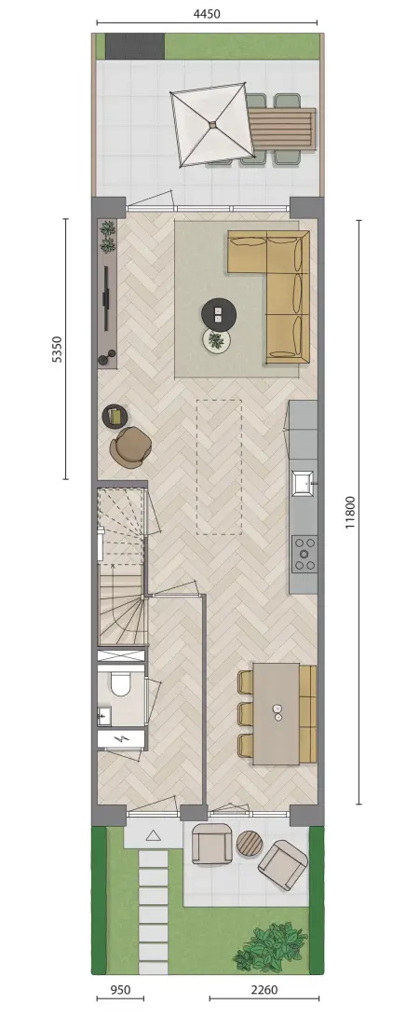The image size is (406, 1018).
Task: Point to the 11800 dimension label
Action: pyautogui.click(x=351, y=512)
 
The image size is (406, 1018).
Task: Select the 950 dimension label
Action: pyautogui.click(x=120, y=990)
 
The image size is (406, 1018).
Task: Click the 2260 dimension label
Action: pyautogui.click(x=264, y=990)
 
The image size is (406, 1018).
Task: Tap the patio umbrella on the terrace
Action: pyautogui.click(x=212, y=123)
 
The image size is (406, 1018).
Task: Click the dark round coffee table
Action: pyautogui.click(x=219, y=314)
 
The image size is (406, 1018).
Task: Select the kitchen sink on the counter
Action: pyautogui.click(x=304, y=481)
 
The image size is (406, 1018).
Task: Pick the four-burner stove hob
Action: pyautogui.click(x=304, y=554)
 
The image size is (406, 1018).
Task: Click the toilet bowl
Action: pyautogui.click(x=121, y=683)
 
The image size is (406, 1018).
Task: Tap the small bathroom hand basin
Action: pyautogui.click(x=103, y=716)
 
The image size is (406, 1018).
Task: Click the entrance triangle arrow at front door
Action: pyautogui.click(x=153, y=835)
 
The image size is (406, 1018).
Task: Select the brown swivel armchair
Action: pyautogui.click(x=131, y=447)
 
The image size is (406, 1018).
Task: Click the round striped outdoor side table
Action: pyautogui.click(x=249, y=843)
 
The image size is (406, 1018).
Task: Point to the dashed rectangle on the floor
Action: pyautogui.click(x=219, y=467)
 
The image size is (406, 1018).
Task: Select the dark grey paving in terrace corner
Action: pyautogui.click(x=135, y=46)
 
